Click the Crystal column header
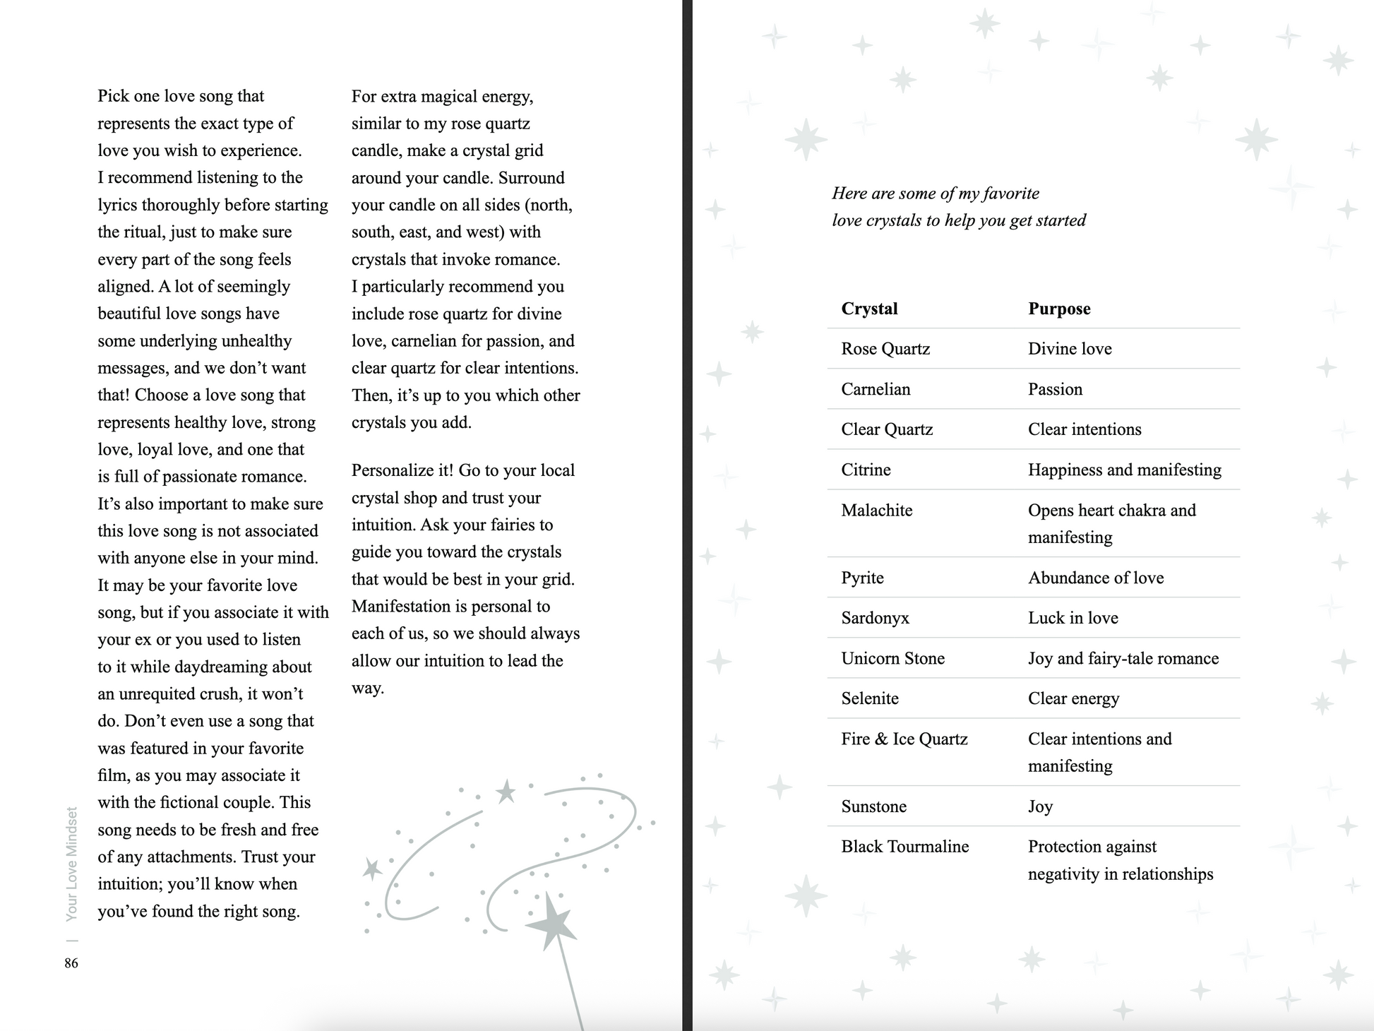[x=869, y=309]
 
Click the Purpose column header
[x=1059, y=309]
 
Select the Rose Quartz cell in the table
[x=885, y=349]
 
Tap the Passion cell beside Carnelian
[x=1055, y=389]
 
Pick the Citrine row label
[x=866, y=470]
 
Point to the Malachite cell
[x=877, y=510]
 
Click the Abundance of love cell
[x=1096, y=578]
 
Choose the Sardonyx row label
[x=876, y=618]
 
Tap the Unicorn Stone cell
[x=892, y=658]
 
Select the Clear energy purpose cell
[x=1073, y=698]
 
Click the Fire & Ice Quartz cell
[x=904, y=739]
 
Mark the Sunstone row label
[x=873, y=806]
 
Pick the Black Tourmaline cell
[x=905, y=847]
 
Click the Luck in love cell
[x=1073, y=618]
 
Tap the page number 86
[x=71, y=963]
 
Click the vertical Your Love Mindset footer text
[x=71, y=864]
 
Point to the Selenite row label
[x=870, y=698]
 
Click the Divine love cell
[x=1070, y=349]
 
